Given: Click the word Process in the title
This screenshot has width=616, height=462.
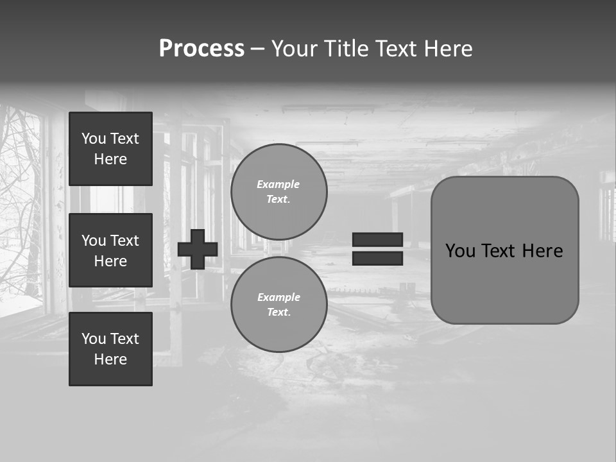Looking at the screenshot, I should [201, 49].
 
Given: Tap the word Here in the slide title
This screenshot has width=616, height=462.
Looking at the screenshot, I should [447, 49].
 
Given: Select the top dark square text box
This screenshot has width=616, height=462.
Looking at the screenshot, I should [110, 149].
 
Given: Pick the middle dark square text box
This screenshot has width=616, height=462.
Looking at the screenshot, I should [110, 250].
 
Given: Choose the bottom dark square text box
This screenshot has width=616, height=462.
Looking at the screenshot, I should [110, 349].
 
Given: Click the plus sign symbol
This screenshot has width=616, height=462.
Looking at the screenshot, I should [198, 250].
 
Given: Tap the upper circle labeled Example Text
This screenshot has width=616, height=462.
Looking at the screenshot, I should [279, 192].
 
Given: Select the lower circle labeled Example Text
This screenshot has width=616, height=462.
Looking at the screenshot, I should [279, 305].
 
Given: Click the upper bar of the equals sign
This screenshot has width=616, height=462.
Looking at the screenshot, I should [377, 239].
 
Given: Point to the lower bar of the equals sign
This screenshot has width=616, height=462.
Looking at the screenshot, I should [377, 258].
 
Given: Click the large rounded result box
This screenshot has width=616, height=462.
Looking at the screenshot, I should [504, 282].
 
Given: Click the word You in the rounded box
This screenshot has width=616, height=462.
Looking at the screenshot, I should [460, 251].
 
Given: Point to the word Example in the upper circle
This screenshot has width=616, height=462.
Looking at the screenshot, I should [278, 184].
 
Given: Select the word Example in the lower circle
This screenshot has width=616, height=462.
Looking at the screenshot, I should [278, 297].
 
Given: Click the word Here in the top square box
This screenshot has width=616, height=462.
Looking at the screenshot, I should [110, 159].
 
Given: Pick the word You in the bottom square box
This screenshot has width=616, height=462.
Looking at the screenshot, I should [94, 339].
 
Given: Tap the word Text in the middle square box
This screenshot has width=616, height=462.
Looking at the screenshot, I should [125, 241].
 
